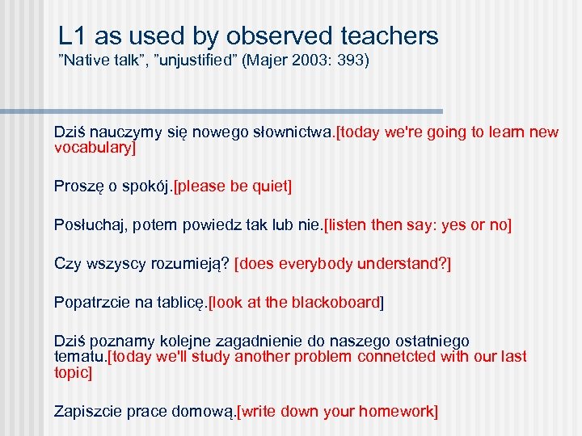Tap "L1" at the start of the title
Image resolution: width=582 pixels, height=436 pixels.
point(72,36)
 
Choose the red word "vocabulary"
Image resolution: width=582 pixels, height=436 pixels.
point(93,148)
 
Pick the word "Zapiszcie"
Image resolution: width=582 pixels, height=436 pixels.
point(85,411)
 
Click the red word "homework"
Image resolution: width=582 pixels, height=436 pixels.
point(394,411)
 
